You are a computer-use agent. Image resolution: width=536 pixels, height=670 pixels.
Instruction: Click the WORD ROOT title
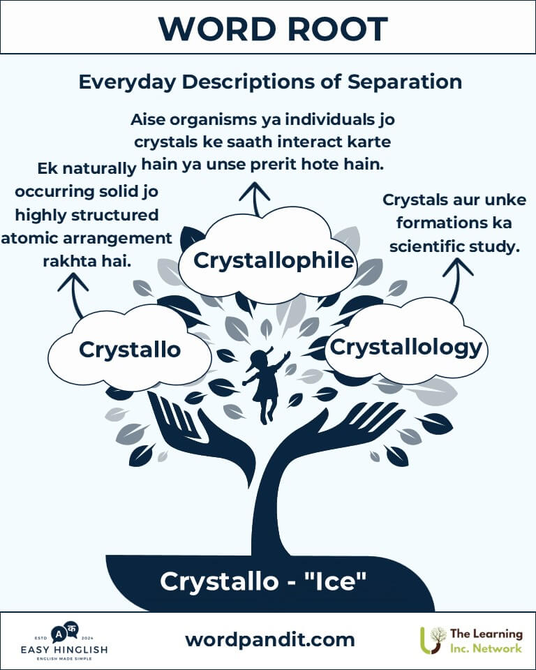[x=273, y=29]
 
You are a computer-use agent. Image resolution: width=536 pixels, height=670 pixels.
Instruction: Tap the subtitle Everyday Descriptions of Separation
[x=270, y=82]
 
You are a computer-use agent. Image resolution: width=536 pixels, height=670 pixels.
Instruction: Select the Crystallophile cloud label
[x=274, y=260]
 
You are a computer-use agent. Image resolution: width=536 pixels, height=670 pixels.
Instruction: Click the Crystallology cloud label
[x=405, y=348]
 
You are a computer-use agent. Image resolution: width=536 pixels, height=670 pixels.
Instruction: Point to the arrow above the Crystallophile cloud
[x=255, y=199]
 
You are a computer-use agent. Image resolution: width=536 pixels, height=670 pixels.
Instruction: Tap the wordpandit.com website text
[x=270, y=640]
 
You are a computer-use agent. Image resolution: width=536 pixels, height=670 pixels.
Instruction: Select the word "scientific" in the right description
[x=426, y=246]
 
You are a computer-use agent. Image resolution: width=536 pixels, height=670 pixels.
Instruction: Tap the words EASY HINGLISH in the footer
[x=64, y=650]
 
